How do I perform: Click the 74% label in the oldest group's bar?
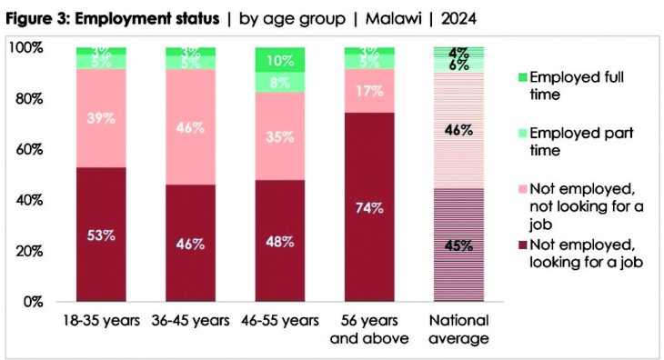(x=369, y=206)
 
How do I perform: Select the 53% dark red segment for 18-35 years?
(x=101, y=235)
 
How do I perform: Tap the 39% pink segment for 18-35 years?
(x=101, y=117)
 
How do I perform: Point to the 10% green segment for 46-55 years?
(x=280, y=60)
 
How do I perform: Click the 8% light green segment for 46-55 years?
(x=280, y=83)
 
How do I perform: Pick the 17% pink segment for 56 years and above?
(x=369, y=91)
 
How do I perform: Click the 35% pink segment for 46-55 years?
(x=280, y=136)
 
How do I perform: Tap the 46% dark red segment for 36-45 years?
(x=191, y=243)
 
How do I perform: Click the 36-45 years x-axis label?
(x=191, y=321)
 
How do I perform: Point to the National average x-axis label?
(x=458, y=329)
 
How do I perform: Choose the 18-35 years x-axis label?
(x=101, y=321)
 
